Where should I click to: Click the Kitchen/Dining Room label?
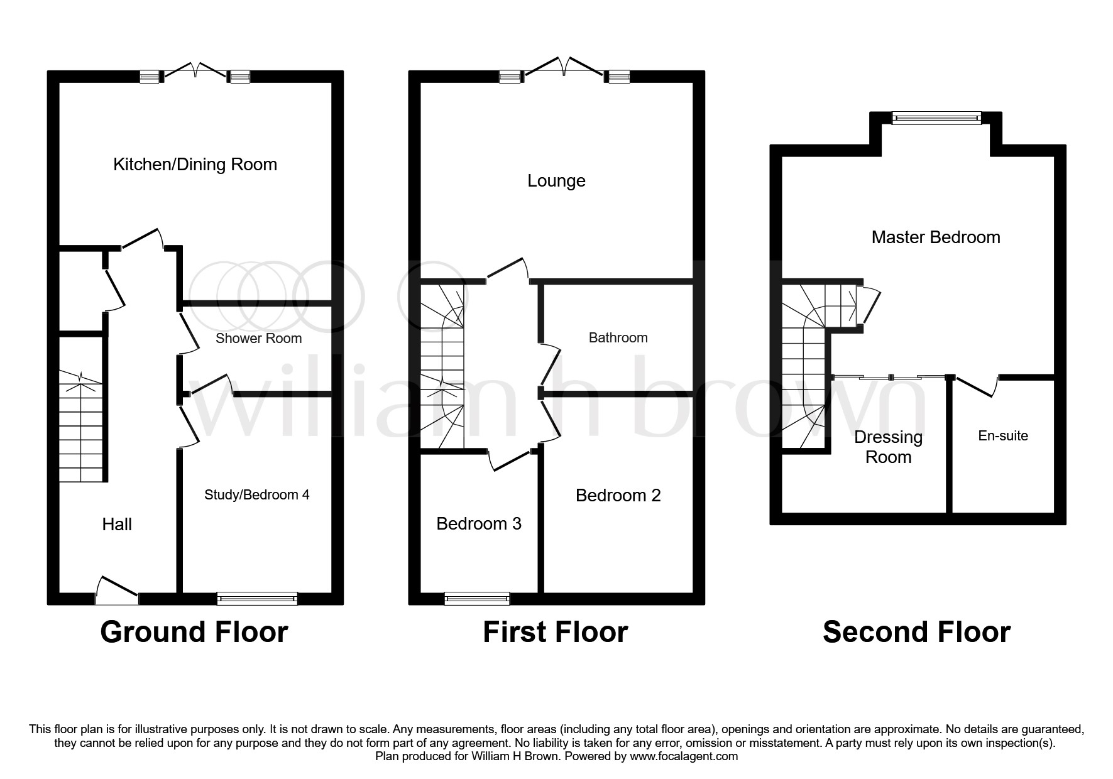(x=195, y=165)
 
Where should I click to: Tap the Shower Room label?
(x=258, y=339)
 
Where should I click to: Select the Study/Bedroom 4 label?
(x=256, y=495)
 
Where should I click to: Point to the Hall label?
(x=117, y=524)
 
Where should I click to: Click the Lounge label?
(x=556, y=182)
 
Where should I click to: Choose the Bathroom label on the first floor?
(x=618, y=338)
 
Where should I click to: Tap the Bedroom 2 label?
(x=618, y=496)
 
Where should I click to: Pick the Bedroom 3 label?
(x=479, y=524)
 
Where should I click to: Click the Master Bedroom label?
(x=936, y=237)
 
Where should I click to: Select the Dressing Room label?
(x=888, y=447)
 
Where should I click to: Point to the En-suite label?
(x=1003, y=436)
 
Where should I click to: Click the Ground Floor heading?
(x=194, y=632)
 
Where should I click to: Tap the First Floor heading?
(x=556, y=632)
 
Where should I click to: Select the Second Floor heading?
(x=916, y=632)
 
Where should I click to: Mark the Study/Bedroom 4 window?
(x=257, y=598)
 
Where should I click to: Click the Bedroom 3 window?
(x=477, y=598)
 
